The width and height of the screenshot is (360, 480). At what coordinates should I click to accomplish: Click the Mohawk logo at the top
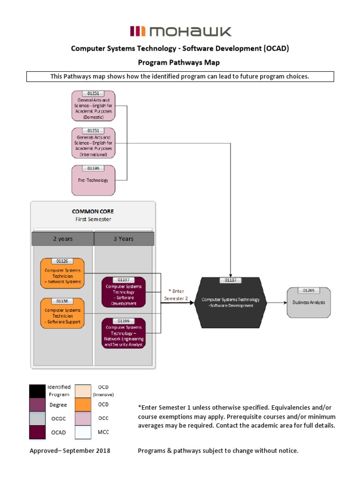point(180,32)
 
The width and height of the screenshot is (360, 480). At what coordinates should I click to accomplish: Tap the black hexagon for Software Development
point(230,303)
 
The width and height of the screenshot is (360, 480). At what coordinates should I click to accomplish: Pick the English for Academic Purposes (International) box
point(93,143)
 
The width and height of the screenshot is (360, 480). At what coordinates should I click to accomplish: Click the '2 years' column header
point(62,239)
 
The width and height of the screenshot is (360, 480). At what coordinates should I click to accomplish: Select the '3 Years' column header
point(123,239)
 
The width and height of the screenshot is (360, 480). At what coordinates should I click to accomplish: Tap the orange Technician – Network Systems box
point(62,274)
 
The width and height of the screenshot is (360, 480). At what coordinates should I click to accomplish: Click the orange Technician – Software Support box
point(62,314)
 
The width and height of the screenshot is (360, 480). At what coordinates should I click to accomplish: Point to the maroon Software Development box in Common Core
point(123,292)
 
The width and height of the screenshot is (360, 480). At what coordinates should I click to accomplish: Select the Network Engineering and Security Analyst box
point(123,333)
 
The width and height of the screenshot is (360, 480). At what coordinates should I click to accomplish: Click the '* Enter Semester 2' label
point(176,294)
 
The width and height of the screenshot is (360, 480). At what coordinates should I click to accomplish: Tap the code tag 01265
point(308,291)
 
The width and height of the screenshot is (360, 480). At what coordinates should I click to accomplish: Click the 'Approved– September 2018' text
point(70,451)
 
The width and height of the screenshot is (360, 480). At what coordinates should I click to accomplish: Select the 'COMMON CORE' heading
point(92,211)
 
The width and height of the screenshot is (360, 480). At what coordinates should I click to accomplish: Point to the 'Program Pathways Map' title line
point(178,62)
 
